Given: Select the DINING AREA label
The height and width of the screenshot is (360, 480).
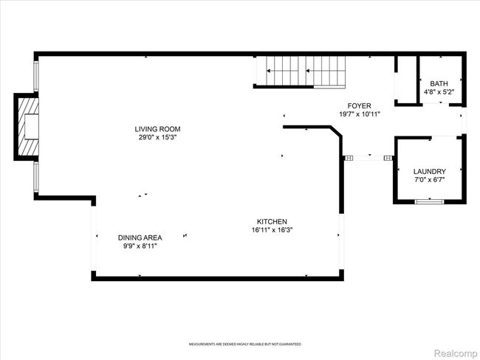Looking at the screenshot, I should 140,238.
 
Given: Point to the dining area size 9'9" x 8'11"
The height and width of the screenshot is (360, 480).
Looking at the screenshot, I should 140,246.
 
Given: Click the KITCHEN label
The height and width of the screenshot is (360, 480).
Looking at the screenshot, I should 272,221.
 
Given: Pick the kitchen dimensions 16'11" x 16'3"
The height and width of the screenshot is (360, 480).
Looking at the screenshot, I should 272,230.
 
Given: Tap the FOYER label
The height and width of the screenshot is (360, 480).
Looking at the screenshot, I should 360,105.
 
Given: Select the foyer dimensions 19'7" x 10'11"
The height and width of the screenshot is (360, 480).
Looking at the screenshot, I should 360,114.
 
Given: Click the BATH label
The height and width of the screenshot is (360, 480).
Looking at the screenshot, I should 439,83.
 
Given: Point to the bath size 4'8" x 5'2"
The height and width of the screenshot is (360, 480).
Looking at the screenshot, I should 439,92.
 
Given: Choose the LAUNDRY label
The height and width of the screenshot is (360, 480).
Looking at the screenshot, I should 429,171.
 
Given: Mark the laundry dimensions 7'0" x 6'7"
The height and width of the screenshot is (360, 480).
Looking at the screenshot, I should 429,180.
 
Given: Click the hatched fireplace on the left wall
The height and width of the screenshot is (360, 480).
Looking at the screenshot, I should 27,127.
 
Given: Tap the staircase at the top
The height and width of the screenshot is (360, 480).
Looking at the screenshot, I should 301,72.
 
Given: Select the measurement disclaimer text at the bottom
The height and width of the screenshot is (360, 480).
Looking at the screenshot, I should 244,345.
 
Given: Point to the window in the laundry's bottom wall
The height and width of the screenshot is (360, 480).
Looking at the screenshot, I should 429,201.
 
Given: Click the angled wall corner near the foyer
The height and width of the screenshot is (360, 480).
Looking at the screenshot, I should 337,133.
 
